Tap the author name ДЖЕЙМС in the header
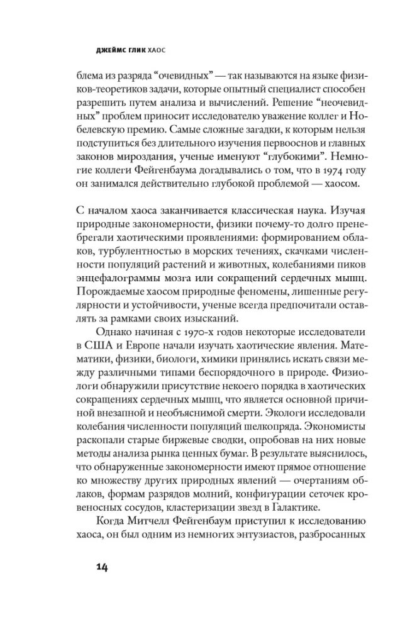[x=101, y=48]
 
